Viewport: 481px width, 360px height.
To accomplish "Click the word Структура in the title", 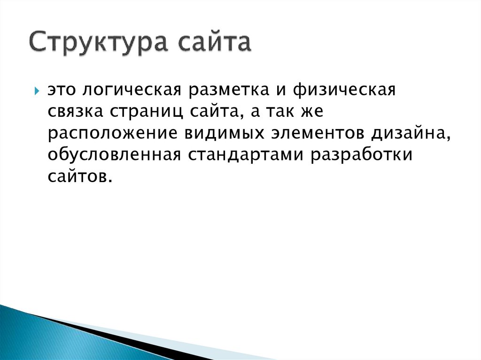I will click(x=99, y=43).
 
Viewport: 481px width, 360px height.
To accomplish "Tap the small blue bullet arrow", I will click(x=37, y=91).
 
